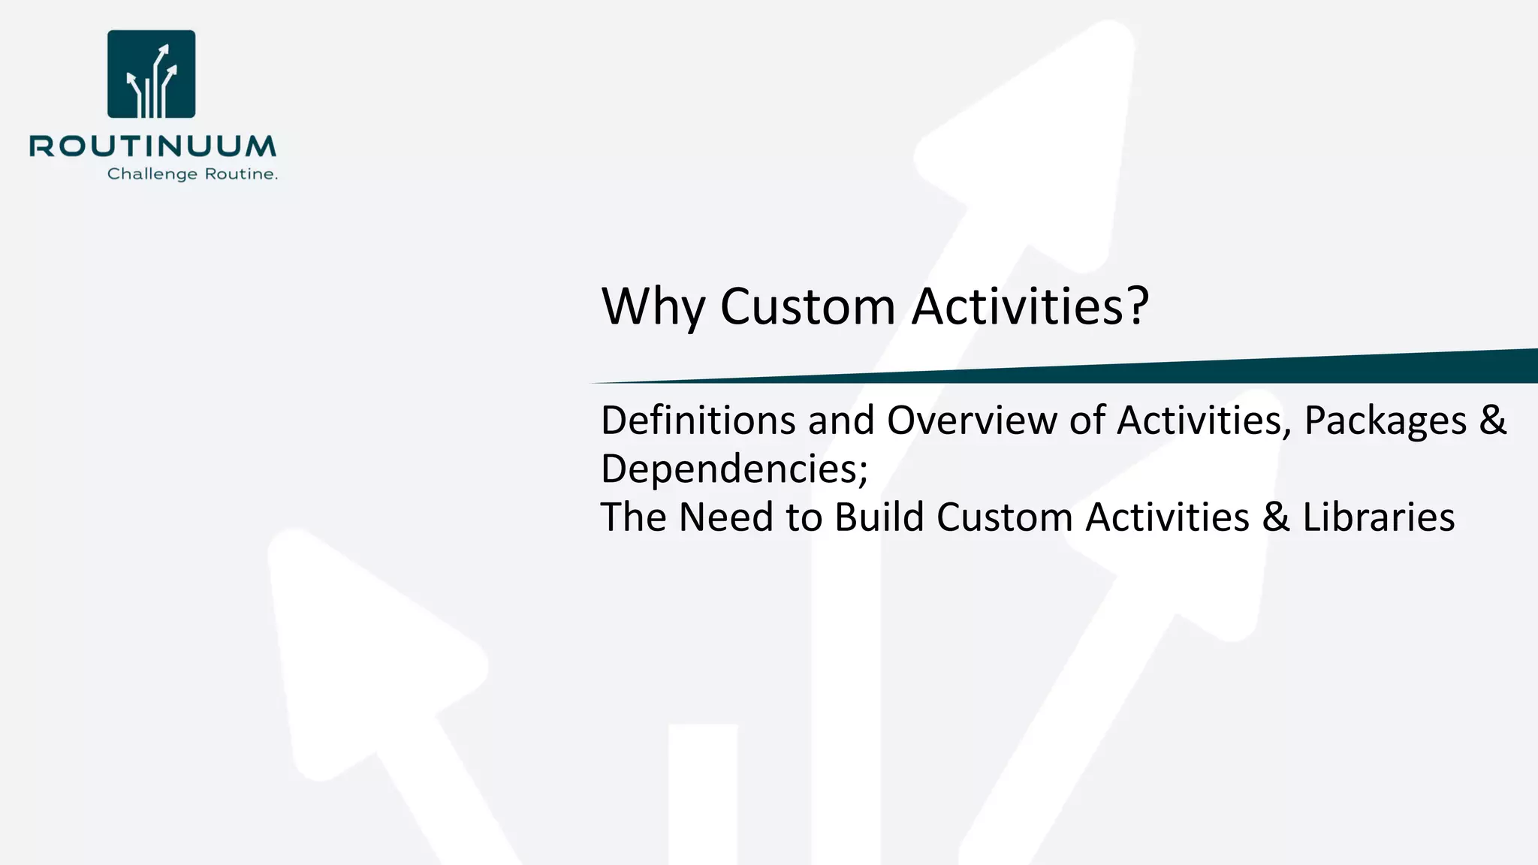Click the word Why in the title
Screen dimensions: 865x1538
653,306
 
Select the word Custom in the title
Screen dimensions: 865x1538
807,306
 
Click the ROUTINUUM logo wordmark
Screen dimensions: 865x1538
153,146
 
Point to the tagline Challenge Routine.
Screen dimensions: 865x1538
192,174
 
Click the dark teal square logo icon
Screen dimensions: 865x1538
152,74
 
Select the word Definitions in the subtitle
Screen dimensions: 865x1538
698,420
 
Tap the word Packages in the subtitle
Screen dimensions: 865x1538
1385,420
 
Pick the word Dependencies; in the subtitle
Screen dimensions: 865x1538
734,469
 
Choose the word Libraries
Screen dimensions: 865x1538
1378,517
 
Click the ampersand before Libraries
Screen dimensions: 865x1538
1276,517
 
